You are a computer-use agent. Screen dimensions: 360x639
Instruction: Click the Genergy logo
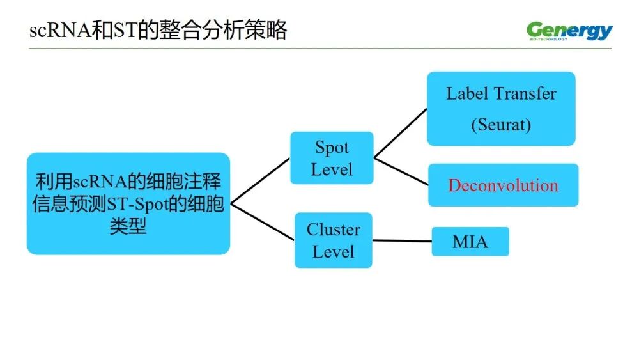pyautogui.click(x=569, y=30)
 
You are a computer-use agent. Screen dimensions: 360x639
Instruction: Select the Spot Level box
pyautogui.click(x=332, y=158)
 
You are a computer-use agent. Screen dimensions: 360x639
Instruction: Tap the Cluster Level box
pyautogui.click(x=333, y=240)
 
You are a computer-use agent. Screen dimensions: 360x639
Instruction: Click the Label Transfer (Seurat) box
pyautogui.click(x=501, y=108)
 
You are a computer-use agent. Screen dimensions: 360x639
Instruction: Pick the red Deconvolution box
pyautogui.click(x=503, y=185)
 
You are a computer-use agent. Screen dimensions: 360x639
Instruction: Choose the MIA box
pyautogui.click(x=470, y=242)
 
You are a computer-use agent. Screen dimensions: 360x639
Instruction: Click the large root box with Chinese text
pyautogui.click(x=128, y=203)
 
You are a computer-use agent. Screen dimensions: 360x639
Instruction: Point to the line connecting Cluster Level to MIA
pyautogui.click(x=402, y=241)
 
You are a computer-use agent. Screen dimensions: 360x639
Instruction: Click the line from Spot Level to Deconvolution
pyautogui.click(x=401, y=172)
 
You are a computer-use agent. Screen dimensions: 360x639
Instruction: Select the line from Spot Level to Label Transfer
pyautogui.click(x=401, y=132)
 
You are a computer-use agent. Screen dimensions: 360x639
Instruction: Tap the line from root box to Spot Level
pyautogui.click(x=260, y=181)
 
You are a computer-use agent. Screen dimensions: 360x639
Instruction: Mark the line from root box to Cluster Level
pyautogui.click(x=262, y=222)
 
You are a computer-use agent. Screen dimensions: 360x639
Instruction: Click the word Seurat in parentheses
pyautogui.click(x=501, y=124)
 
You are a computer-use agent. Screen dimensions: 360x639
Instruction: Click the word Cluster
pyautogui.click(x=333, y=230)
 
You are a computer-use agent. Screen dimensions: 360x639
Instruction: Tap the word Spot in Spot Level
pyautogui.click(x=332, y=148)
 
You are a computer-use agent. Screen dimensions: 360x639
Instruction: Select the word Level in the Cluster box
pyautogui.click(x=333, y=251)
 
